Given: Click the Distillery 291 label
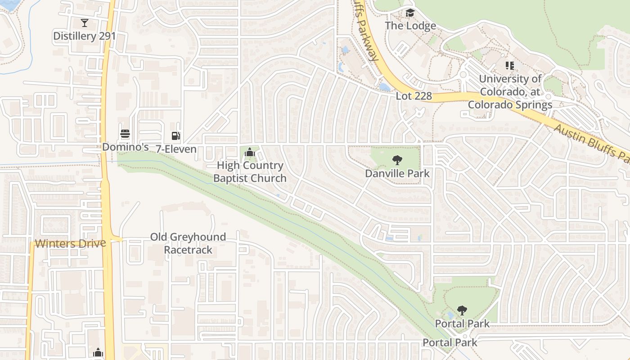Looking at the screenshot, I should [x=85, y=36].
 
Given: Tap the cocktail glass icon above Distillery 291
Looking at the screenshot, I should [x=84, y=22].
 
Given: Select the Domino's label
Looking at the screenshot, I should [x=125, y=147].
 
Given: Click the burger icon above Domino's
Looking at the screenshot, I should [x=125, y=134].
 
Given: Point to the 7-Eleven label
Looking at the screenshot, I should [x=176, y=149].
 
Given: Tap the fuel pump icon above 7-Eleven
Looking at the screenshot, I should [x=175, y=136].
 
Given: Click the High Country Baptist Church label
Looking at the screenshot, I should [x=250, y=172].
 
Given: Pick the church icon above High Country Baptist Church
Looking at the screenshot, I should [x=249, y=153].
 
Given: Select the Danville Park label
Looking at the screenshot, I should [x=397, y=173].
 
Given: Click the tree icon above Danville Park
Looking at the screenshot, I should [x=397, y=160].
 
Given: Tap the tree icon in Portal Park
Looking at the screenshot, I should [x=462, y=310].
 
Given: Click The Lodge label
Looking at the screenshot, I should [x=410, y=26].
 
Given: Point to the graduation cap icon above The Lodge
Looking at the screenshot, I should [x=409, y=13].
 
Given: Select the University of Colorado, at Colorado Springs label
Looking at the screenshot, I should [x=510, y=92].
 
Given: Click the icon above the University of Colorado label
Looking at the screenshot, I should [x=509, y=66].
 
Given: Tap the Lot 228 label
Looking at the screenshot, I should [x=414, y=96].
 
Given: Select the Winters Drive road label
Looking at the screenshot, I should [x=71, y=243].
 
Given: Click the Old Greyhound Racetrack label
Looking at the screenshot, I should [x=188, y=243].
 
